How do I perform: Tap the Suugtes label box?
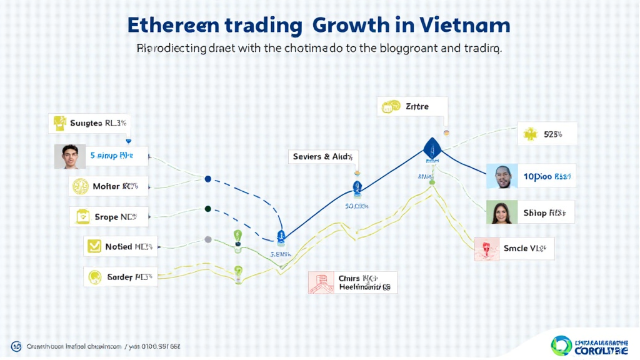[x=90, y=123]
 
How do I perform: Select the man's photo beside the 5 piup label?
[x=69, y=156]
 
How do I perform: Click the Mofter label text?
[x=115, y=186]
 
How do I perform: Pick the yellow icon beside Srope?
[x=82, y=217]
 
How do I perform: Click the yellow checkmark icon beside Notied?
[x=94, y=246]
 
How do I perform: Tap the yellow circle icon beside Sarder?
[x=94, y=276]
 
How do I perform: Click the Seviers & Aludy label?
[x=323, y=157]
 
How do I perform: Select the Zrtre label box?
[x=412, y=106]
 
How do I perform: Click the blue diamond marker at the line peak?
[x=432, y=148]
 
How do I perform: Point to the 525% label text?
[x=552, y=134]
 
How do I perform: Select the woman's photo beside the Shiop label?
[x=502, y=212]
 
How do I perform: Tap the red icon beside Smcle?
[x=486, y=249]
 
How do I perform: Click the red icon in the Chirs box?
[x=321, y=282]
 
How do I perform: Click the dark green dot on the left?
[x=208, y=209]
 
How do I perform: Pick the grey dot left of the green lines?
[x=208, y=239]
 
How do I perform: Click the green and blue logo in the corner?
[x=561, y=346]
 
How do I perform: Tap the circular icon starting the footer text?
[x=16, y=346]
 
